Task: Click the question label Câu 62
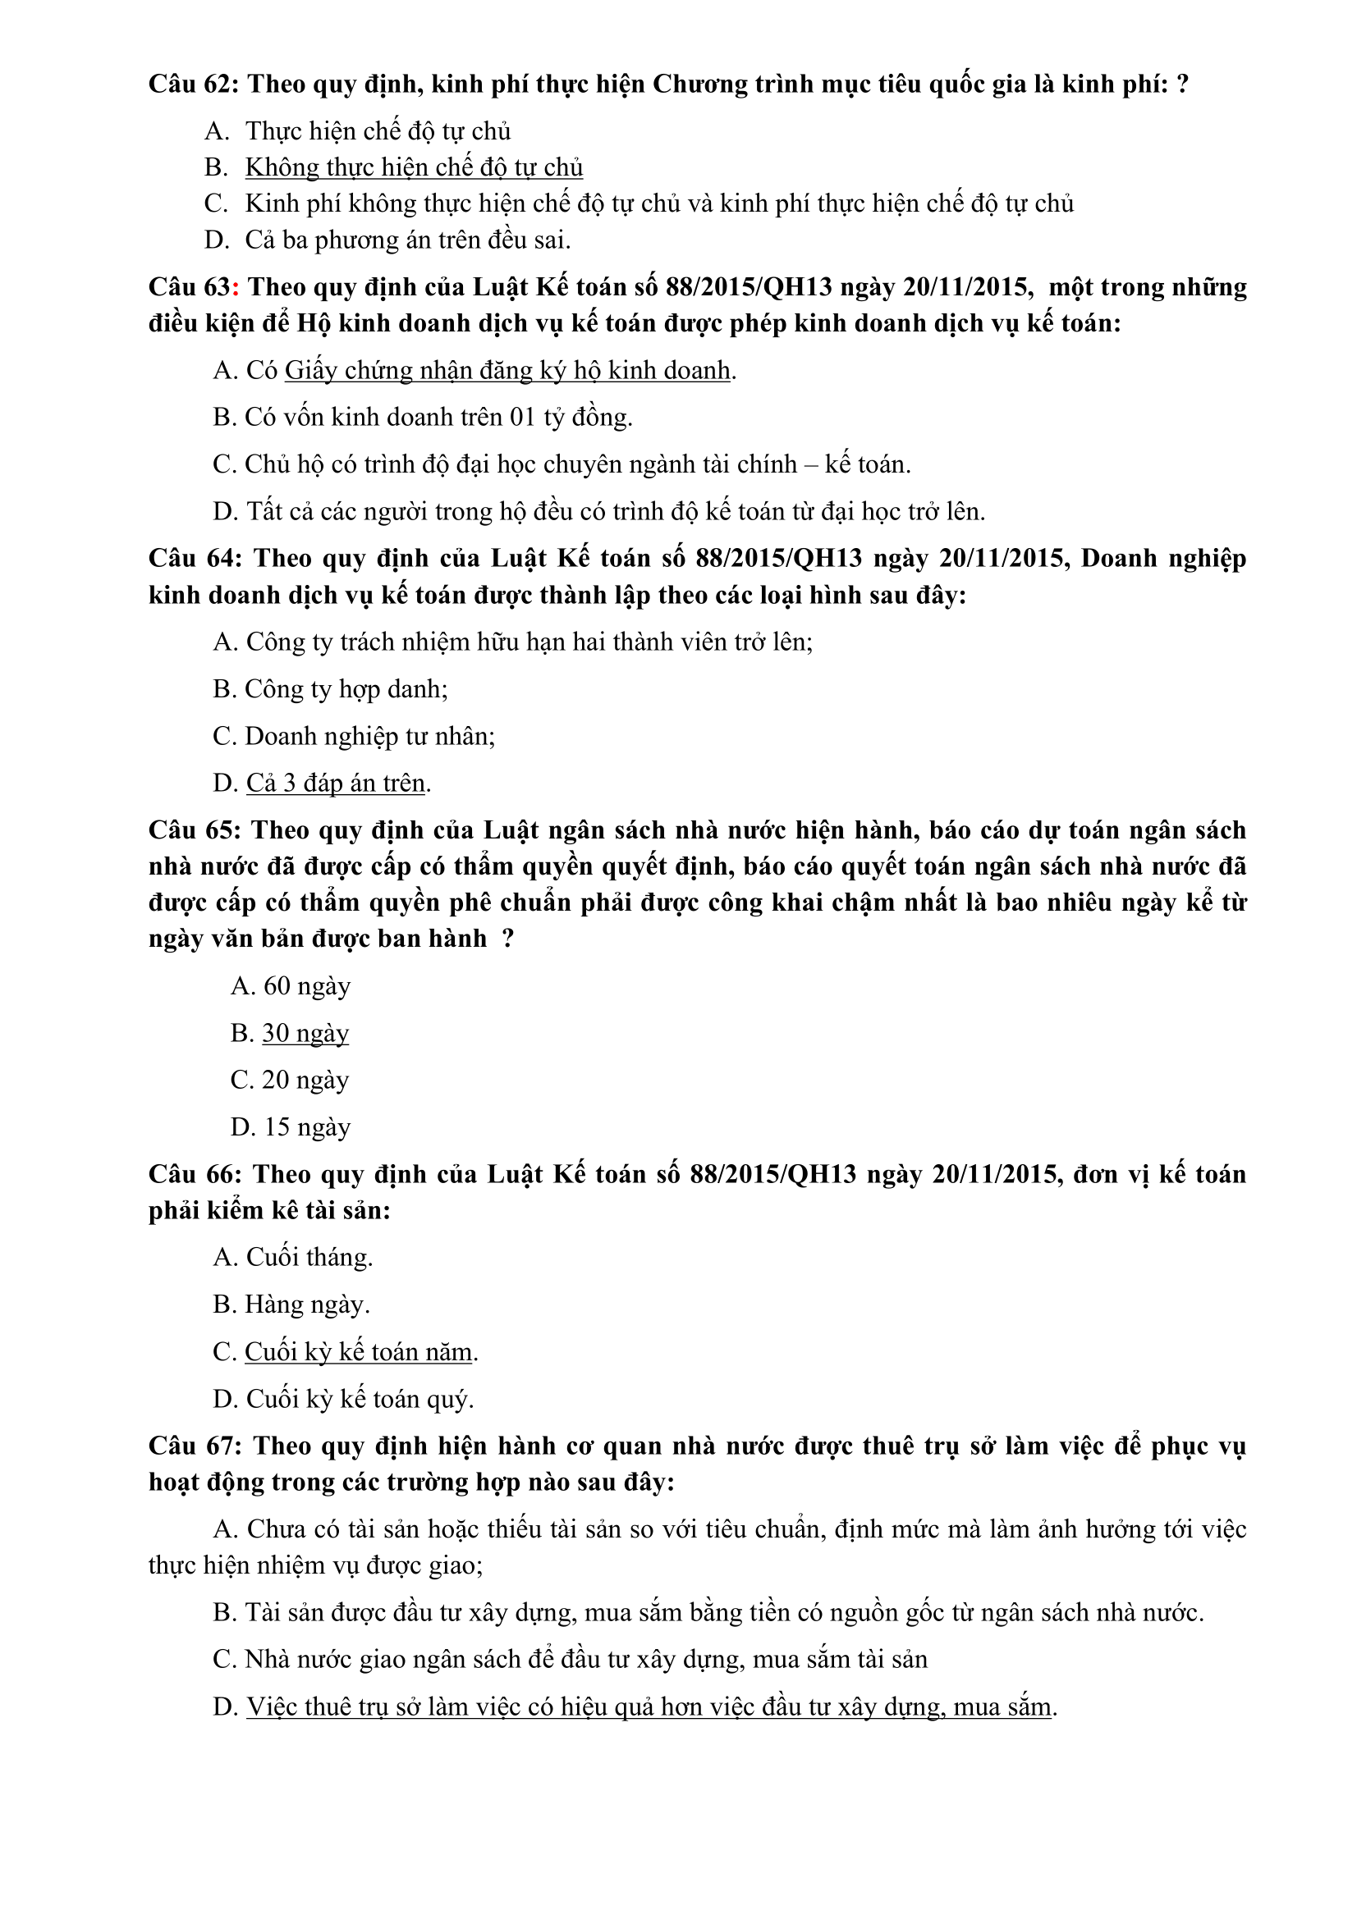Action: tap(193, 85)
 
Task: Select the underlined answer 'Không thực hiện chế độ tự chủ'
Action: tap(413, 168)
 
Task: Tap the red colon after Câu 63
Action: tap(236, 287)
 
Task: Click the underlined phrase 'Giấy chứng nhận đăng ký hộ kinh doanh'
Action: tap(507, 370)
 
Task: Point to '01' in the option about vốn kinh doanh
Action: tap(523, 417)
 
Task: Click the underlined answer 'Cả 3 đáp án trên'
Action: tap(335, 784)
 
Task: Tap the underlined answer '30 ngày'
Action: tap(305, 1034)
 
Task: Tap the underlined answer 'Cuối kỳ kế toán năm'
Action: tap(358, 1352)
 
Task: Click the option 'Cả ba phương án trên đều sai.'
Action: tap(407, 240)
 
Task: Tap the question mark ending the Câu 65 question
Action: tap(507, 939)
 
